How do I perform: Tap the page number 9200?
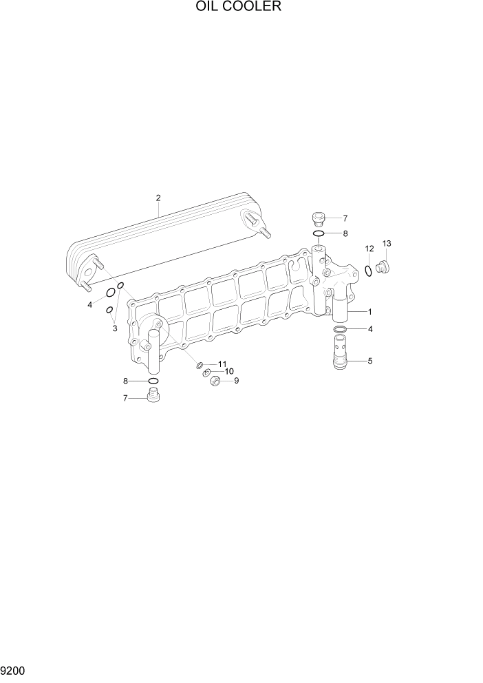(x=14, y=670)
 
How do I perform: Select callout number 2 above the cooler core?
(x=158, y=198)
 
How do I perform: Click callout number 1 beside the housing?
(x=369, y=311)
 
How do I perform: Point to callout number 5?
(x=370, y=360)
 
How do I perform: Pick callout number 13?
(x=387, y=244)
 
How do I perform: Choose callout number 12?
(x=369, y=249)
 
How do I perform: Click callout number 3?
(x=115, y=329)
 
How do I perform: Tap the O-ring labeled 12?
(x=369, y=270)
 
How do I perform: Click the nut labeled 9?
(x=214, y=381)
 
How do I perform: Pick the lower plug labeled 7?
(x=153, y=397)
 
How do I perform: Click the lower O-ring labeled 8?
(x=153, y=381)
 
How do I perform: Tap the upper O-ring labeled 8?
(x=319, y=233)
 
